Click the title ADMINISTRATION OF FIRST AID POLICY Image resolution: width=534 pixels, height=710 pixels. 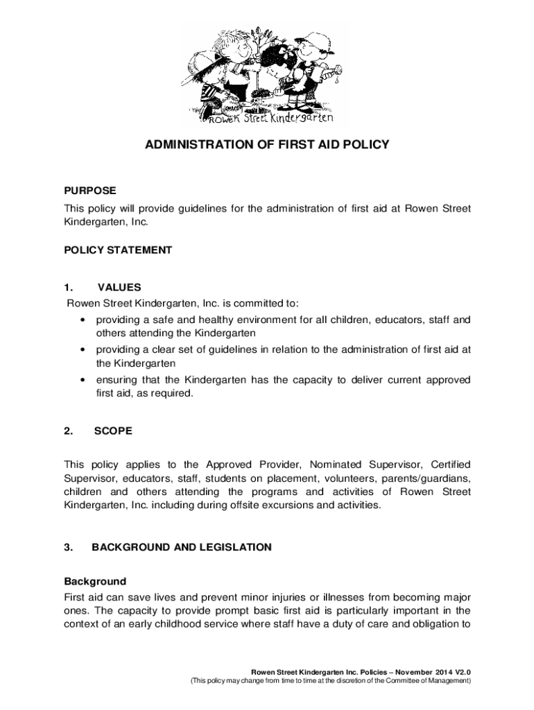point(267,145)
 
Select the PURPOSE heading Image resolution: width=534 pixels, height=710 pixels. point(90,190)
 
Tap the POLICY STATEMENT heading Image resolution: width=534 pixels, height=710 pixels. point(118,250)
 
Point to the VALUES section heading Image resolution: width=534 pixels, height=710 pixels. point(119,287)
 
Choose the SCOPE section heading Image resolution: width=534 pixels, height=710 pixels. point(113,431)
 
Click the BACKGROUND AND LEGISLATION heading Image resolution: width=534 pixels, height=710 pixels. point(182,547)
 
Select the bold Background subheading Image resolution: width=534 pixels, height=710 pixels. point(95,581)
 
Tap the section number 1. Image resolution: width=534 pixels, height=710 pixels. point(68,287)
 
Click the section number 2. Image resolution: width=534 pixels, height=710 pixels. point(68,431)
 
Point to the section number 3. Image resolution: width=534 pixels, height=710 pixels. point(68,547)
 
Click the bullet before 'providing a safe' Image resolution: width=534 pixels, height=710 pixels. point(83,320)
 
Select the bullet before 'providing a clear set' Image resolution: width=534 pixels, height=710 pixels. point(83,350)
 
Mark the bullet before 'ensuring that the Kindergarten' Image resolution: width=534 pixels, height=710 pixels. point(83,380)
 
